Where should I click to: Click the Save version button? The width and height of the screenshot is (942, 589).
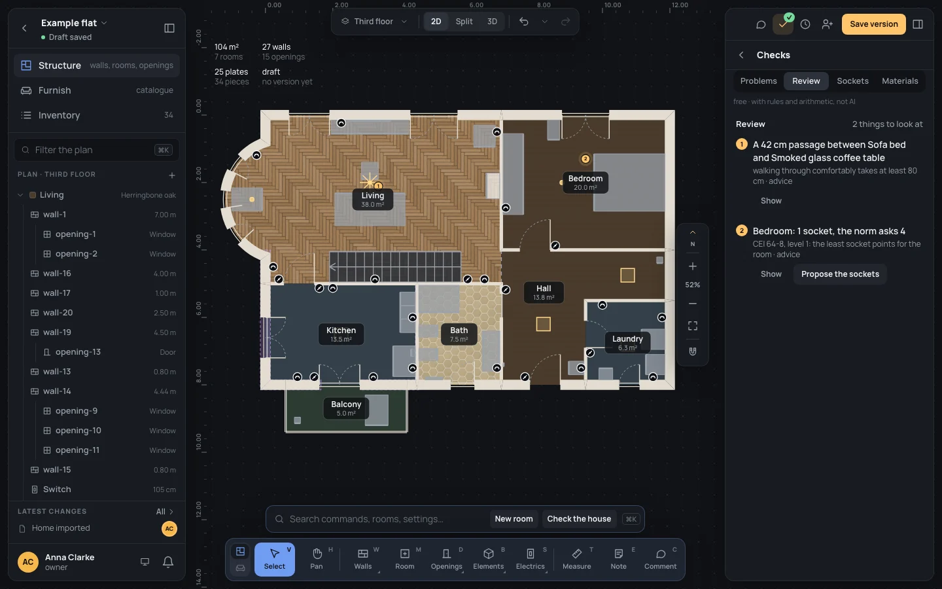tap(873, 24)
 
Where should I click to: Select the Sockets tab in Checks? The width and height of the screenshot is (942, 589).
tap(852, 80)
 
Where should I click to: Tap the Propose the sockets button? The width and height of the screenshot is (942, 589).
tap(840, 274)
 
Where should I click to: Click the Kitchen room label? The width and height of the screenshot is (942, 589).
tap(341, 334)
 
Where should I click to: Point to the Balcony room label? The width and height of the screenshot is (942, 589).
tap(346, 408)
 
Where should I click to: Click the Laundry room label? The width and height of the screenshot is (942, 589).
tap(627, 342)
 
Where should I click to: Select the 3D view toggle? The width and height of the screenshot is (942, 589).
tap(492, 22)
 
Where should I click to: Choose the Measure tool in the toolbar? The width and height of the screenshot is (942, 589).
tap(576, 560)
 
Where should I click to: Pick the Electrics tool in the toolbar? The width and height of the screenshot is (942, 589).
tap(531, 560)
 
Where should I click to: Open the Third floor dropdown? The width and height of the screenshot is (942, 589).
tap(374, 22)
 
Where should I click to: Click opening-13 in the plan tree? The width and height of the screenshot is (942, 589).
tap(78, 351)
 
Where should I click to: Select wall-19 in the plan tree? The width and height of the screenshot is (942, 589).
tap(57, 332)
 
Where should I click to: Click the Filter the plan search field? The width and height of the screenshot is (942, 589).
tap(97, 150)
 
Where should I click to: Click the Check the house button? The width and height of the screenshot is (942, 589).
tap(579, 519)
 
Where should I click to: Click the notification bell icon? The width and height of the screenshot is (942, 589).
tap(168, 562)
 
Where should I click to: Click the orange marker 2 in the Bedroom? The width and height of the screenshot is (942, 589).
tap(585, 158)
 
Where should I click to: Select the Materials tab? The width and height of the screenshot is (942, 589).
tap(900, 80)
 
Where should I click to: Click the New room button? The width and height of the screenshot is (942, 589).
tap(514, 519)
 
